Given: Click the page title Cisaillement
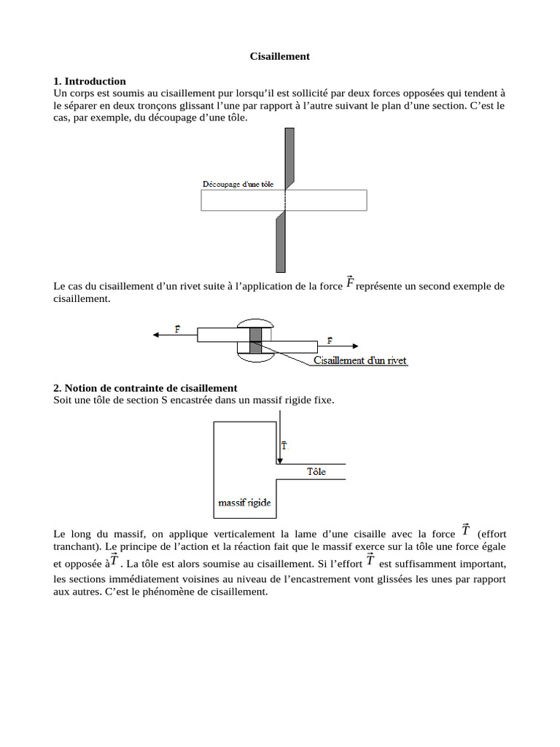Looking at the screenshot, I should [x=280, y=56].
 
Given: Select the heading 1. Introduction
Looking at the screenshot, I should [x=90, y=81].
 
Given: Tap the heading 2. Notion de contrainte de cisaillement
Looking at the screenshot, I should [x=145, y=388].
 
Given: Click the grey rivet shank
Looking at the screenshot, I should [x=255, y=341].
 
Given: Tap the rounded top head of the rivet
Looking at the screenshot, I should [x=254, y=323].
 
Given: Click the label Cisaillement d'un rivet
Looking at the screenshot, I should [x=360, y=360].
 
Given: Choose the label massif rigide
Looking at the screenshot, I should [x=245, y=503].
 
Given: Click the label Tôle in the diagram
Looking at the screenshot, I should [x=316, y=472].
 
